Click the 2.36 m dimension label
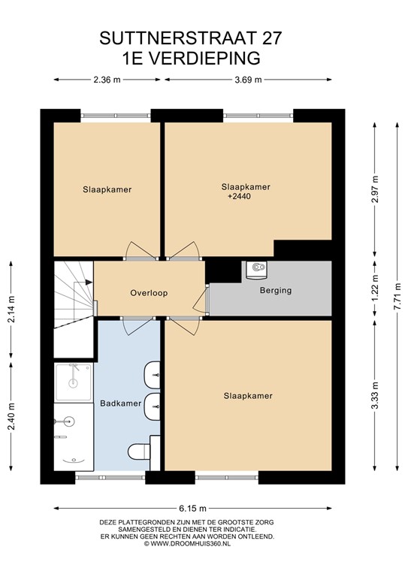pyautogui.click(x=107, y=80)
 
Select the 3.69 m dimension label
pyautogui.click(x=249, y=80)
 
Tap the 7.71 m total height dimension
pyautogui.click(x=397, y=297)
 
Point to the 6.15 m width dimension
pyautogui.click(x=193, y=509)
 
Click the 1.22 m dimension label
pyautogui.click(x=375, y=288)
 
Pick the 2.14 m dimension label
pyautogui.click(x=11, y=309)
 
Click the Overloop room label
pyautogui.click(x=149, y=293)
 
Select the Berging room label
pyautogui.click(x=276, y=290)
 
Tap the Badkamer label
pyautogui.click(x=121, y=403)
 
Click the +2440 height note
pyautogui.click(x=240, y=197)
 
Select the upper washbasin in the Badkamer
pyautogui.click(x=152, y=375)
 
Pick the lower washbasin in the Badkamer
pyautogui.click(x=152, y=406)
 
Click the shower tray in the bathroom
pyautogui.click(x=73, y=382)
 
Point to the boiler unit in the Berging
pyautogui.click(x=256, y=270)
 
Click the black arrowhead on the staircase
pyautogui.click(x=89, y=282)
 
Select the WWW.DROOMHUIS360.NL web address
pyautogui.click(x=190, y=543)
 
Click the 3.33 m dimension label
pyautogui.click(x=375, y=396)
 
